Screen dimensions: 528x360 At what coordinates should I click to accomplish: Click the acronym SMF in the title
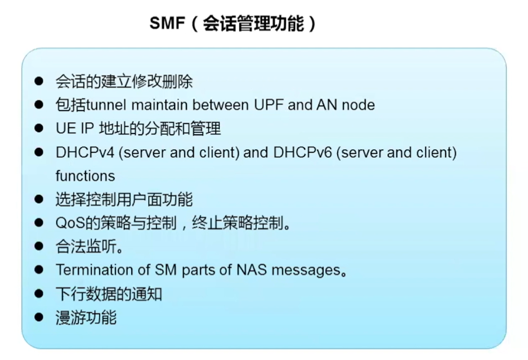(167, 23)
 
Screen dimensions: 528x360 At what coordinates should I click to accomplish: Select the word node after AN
(358, 105)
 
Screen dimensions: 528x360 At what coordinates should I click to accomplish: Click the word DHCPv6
(303, 152)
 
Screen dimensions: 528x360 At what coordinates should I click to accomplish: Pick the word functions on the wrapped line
(85, 176)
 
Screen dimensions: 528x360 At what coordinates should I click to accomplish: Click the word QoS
(70, 223)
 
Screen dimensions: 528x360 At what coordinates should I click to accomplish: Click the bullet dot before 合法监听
(39, 246)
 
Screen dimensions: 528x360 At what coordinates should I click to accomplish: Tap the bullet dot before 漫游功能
(39, 317)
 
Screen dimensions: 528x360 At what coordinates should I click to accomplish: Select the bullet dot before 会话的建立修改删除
(39, 81)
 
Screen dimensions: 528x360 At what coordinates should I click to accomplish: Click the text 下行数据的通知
(109, 294)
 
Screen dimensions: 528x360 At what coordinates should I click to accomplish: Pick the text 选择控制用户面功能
(124, 199)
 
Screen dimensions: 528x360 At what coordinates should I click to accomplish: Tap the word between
(221, 105)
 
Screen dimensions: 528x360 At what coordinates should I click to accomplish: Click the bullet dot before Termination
(39, 270)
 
